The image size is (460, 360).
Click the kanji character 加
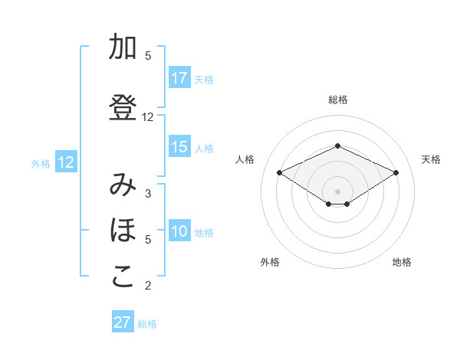(x=123, y=47)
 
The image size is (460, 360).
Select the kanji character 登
(x=123, y=109)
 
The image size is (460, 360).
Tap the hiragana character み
(x=123, y=185)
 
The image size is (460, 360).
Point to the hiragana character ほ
(x=123, y=230)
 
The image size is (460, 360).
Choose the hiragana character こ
(x=123, y=276)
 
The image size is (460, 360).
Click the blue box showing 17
(x=179, y=78)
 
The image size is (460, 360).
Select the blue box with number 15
(x=179, y=147)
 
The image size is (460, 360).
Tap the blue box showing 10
(x=179, y=231)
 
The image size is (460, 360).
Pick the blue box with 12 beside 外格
(x=66, y=162)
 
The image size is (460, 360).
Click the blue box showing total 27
(x=123, y=322)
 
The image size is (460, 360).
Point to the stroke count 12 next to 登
(x=148, y=117)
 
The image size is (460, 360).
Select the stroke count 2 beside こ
(x=148, y=286)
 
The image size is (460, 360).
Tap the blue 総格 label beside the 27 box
(x=147, y=324)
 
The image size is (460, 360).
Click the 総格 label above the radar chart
(x=338, y=100)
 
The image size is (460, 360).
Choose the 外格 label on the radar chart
(x=270, y=262)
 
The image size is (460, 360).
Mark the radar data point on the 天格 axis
(x=396, y=172)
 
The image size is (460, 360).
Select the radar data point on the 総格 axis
(x=338, y=146)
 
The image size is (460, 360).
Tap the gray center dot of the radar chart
(x=338, y=190)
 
